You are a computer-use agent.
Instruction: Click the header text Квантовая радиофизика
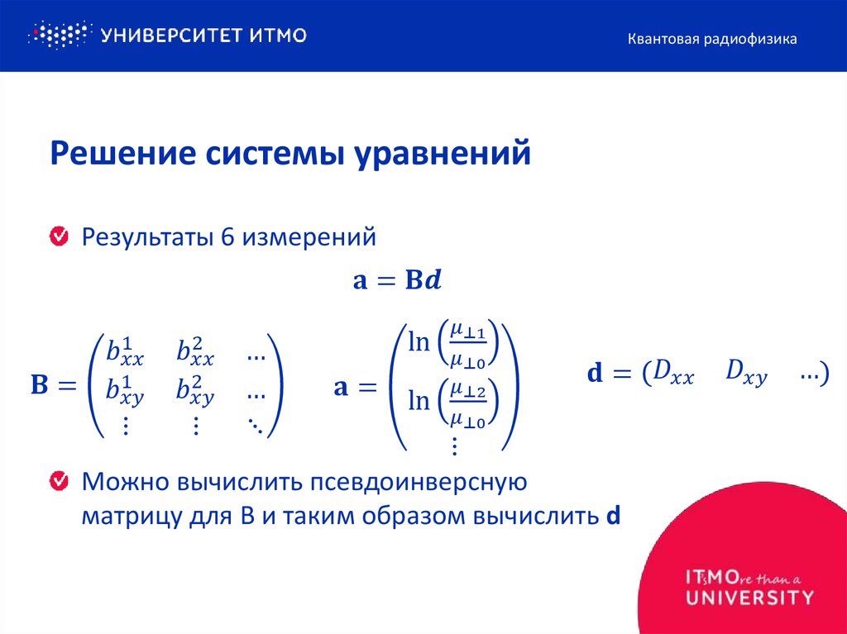tap(711, 39)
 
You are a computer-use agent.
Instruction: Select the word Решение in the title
tap(111, 155)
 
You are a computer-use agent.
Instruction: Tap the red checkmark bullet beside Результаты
tap(60, 238)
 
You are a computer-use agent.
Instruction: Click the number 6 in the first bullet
tap(227, 238)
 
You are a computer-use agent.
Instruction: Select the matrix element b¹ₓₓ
tap(125, 354)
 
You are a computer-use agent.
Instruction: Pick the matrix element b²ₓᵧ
tap(195, 389)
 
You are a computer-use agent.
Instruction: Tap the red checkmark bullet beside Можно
tap(60, 480)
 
